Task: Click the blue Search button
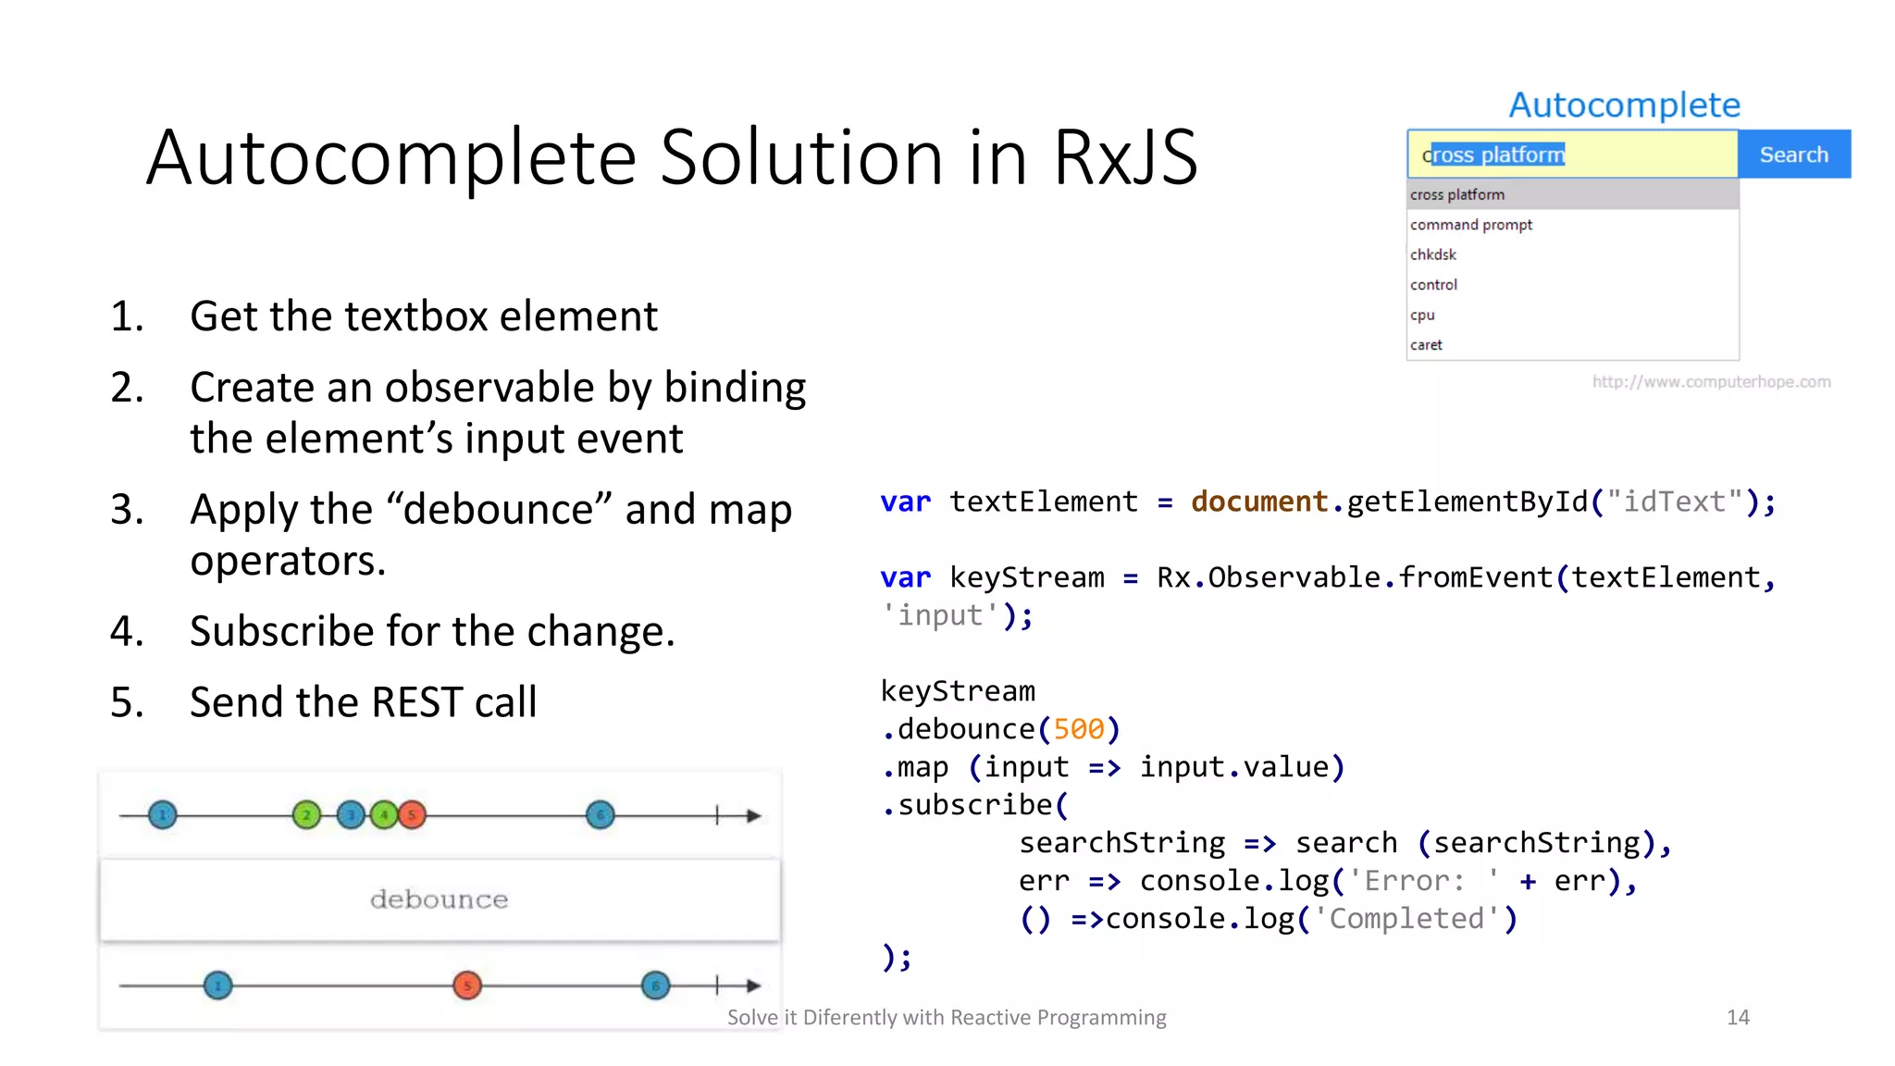[1793, 155]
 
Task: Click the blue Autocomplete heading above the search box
[1624, 105]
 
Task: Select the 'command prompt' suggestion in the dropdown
[1471, 225]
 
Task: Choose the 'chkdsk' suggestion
[1433, 254]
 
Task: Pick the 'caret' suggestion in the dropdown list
[1426, 345]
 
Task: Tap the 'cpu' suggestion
[1422, 315]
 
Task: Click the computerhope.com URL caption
[1711, 382]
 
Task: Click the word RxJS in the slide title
[1125, 157]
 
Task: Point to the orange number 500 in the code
[1079, 729]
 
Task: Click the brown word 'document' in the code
[1259, 502]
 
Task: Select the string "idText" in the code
[1675, 502]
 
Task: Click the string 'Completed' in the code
[1406, 919]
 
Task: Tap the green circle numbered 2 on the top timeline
[306, 815]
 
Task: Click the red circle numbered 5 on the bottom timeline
[467, 985]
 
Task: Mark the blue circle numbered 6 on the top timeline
[601, 815]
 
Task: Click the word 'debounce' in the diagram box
[439, 899]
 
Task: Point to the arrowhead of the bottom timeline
[754, 985]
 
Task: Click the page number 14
[1738, 1018]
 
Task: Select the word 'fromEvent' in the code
[1475, 577]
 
